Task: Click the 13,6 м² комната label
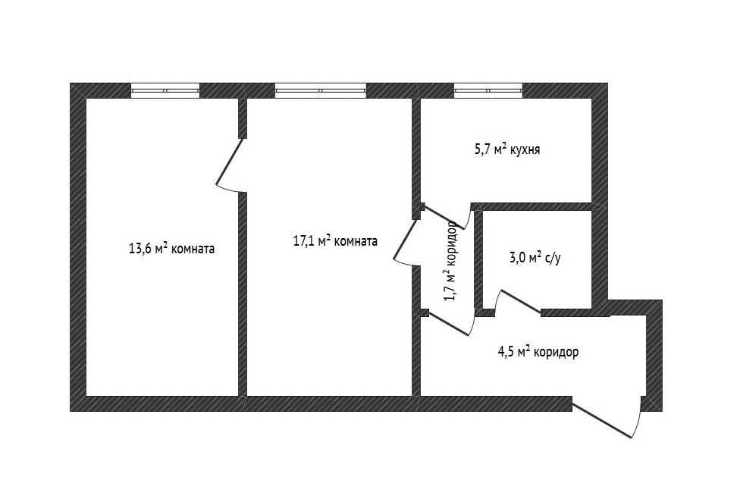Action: point(172,248)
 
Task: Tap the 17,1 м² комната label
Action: point(336,240)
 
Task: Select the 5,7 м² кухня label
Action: point(507,149)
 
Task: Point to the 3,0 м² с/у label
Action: point(535,258)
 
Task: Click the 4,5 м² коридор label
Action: point(538,352)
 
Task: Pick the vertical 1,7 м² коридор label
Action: point(450,261)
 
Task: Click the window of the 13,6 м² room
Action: point(165,90)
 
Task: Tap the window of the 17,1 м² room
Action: point(321,90)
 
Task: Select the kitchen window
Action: point(488,90)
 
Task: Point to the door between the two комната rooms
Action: point(230,161)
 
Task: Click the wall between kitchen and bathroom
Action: point(531,207)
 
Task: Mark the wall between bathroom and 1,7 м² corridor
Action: point(478,260)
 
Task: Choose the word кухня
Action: point(525,150)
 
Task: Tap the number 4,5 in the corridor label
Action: point(506,352)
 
